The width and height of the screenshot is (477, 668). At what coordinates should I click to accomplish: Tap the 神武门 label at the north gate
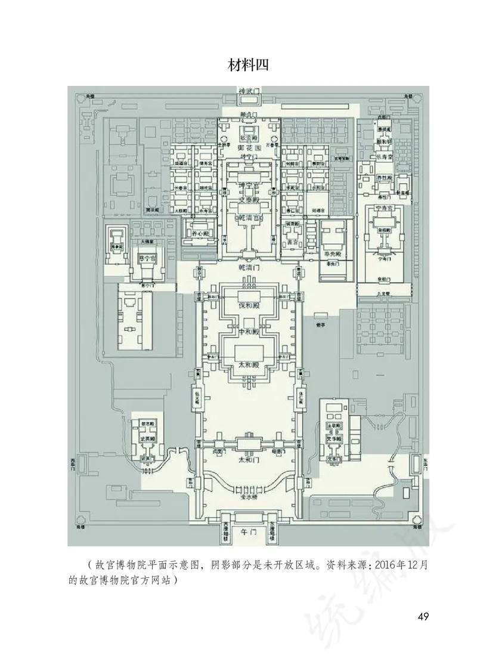click(248, 91)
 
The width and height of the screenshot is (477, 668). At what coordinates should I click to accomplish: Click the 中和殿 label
click(247, 332)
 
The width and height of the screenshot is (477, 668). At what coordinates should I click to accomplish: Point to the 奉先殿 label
click(332, 253)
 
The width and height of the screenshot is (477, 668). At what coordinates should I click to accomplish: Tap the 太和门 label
click(247, 460)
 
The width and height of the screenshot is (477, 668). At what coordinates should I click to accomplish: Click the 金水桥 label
click(247, 496)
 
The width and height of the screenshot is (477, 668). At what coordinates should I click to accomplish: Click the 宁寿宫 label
click(385, 208)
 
